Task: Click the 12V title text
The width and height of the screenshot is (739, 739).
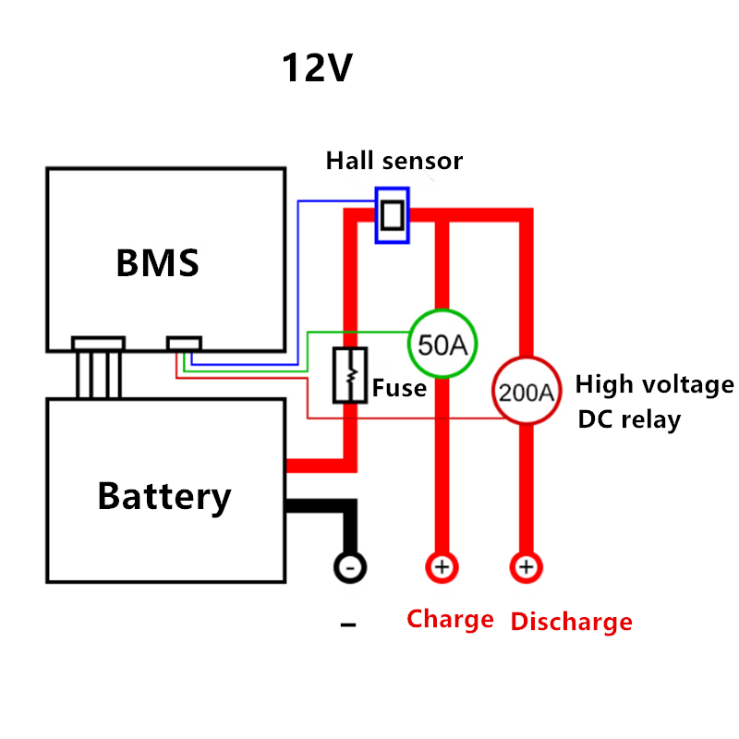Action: coord(317,68)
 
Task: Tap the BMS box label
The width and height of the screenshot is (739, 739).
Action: coord(157,263)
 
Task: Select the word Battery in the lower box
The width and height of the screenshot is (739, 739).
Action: coord(164,496)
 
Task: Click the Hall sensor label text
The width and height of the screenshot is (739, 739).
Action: coord(394,161)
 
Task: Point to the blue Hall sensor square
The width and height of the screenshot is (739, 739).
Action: coord(392,215)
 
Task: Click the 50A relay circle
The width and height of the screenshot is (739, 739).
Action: coord(442,344)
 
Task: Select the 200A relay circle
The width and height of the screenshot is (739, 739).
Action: coord(525,392)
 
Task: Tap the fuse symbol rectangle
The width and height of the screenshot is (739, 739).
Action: coord(349,374)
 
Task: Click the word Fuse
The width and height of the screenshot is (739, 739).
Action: coord(399,388)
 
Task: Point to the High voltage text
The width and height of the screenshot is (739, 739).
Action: coord(654,384)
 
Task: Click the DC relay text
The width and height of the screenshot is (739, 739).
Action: coord(629,419)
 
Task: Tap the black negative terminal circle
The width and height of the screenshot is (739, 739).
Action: coord(349,566)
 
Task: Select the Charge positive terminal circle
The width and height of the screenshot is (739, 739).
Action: coord(441,566)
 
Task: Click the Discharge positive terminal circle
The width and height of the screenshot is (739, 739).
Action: coord(526,566)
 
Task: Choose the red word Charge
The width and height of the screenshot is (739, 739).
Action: coord(450,619)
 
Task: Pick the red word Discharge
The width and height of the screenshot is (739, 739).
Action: coord(571,622)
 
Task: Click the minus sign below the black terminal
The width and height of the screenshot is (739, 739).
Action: coord(348,625)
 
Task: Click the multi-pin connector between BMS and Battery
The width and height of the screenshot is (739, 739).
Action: coord(98,367)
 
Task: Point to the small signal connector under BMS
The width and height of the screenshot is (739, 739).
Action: coord(184,344)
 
